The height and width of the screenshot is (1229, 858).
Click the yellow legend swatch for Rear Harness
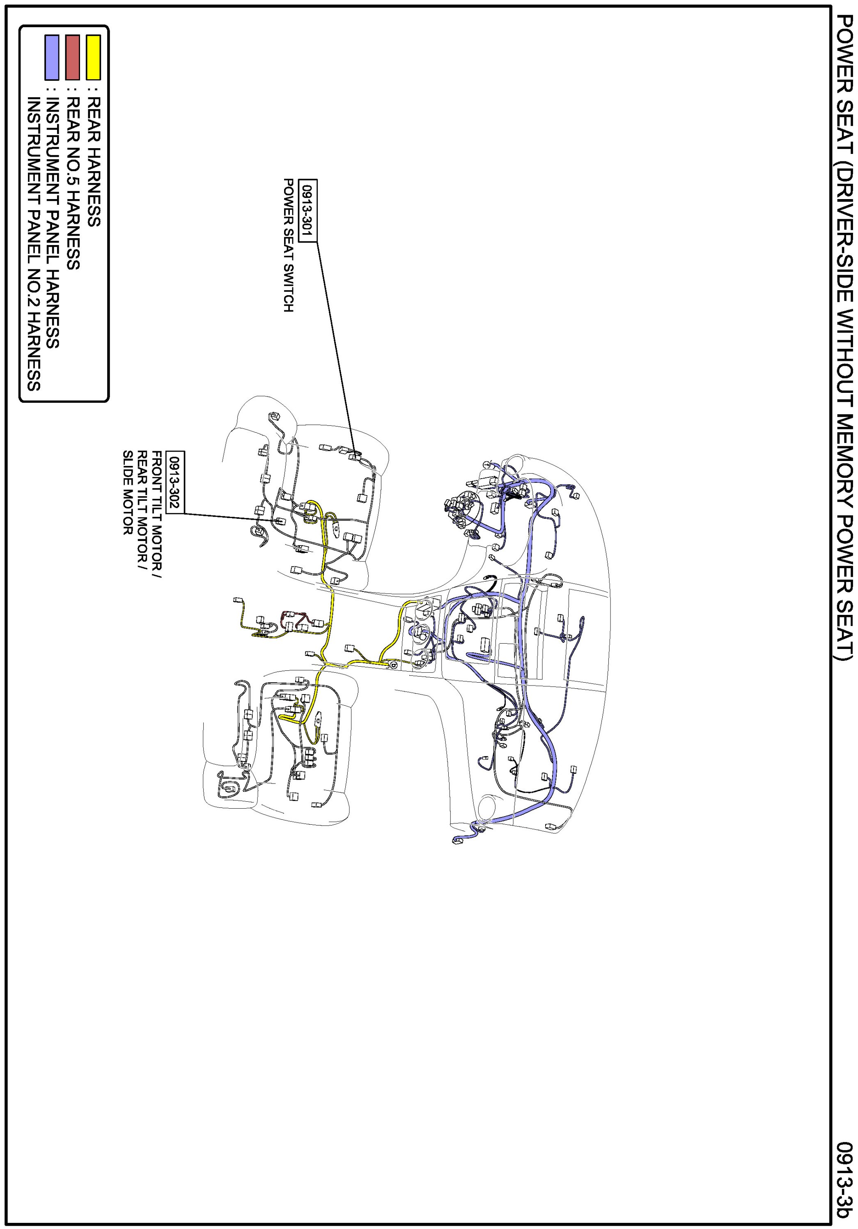pyautogui.click(x=94, y=57)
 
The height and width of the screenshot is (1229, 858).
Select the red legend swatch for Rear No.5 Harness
pyautogui.click(x=72, y=57)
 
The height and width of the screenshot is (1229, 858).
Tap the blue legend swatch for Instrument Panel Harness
pyautogui.click(x=52, y=57)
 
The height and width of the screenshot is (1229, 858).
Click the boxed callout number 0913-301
pyautogui.click(x=308, y=210)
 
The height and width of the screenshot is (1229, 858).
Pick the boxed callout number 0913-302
pyautogui.click(x=175, y=482)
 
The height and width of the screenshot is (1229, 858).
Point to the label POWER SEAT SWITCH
pyautogui.click(x=289, y=245)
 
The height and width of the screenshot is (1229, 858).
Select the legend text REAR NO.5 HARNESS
pyautogui.click(x=73, y=183)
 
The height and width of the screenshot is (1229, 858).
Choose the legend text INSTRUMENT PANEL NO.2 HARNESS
pyautogui.click(x=34, y=243)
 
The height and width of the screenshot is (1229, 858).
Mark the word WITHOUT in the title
pyautogui.click(x=844, y=352)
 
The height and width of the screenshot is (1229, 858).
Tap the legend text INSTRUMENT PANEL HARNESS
pyautogui.click(x=53, y=222)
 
